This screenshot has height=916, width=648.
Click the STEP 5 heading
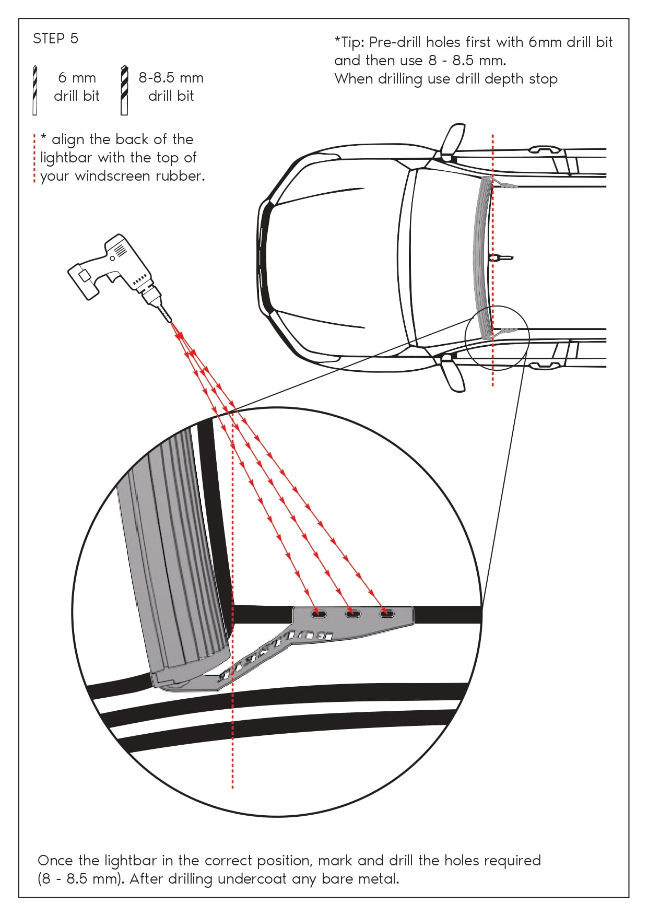click(55, 39)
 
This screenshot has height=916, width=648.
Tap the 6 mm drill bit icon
click(35, 90)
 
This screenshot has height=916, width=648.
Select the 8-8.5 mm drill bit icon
click(124, 90)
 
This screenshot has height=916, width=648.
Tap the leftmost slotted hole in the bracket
click(319, 613)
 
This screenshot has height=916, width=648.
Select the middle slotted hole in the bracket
click(352, 613)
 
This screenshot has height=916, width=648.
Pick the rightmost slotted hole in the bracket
click(387, 613)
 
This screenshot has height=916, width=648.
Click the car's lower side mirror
click(452, 374)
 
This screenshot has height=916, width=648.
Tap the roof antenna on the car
click(501, 257)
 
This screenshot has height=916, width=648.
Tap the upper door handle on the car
click(545, 150)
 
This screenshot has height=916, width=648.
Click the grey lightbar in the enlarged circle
click(172, 554)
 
